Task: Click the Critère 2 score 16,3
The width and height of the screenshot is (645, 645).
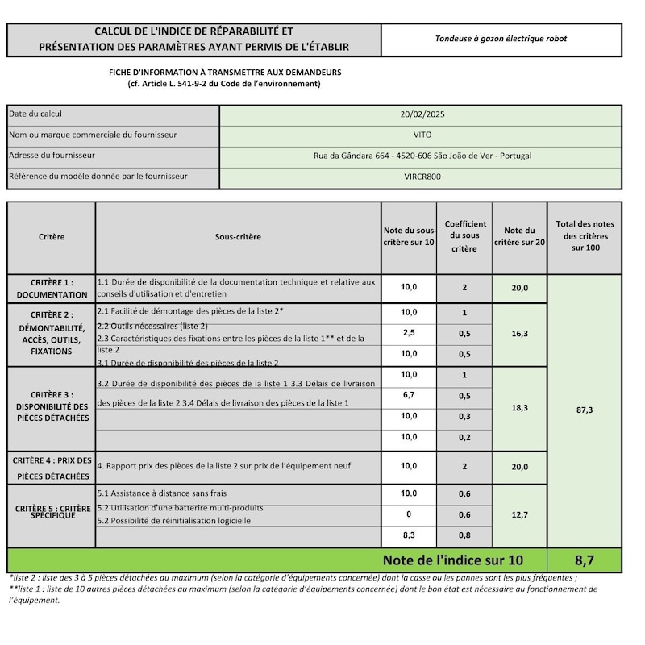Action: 519,333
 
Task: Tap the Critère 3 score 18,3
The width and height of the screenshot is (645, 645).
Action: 519,409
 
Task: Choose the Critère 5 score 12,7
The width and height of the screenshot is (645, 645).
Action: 519,514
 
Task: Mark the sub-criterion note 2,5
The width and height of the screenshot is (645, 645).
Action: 409,333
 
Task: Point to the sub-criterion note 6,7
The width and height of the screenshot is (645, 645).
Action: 409,396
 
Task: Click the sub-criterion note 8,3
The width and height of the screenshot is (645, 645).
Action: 409,535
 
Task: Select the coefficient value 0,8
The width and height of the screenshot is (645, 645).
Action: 464,535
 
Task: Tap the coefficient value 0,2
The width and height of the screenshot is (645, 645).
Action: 464,437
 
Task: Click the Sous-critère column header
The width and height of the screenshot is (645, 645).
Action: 238,237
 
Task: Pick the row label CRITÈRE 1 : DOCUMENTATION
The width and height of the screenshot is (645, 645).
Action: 52,289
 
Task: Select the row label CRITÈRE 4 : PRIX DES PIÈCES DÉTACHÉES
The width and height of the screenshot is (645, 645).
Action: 52,468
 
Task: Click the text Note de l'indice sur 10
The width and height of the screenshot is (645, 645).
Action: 452,559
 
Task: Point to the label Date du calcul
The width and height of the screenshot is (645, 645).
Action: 35,114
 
